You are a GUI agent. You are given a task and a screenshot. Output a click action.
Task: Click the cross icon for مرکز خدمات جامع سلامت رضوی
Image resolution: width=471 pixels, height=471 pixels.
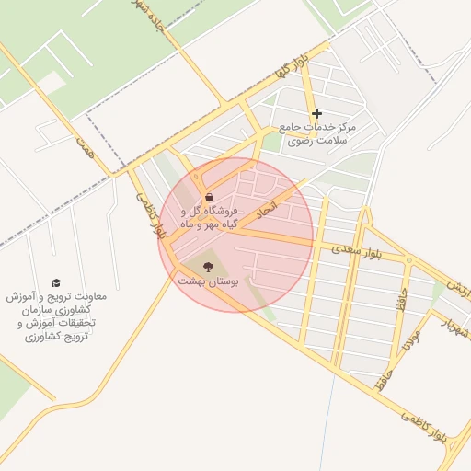coord(316,114)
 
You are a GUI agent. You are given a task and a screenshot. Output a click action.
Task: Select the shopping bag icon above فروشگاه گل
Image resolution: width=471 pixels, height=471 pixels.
coord(210,197)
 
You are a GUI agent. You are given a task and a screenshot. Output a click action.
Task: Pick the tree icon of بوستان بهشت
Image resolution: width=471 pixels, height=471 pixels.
coord(209,266)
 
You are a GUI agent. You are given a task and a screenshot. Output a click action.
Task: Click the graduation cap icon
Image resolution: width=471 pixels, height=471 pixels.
coord(56,282)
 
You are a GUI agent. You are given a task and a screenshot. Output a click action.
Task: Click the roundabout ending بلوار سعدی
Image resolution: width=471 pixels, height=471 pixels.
coord(405,259)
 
